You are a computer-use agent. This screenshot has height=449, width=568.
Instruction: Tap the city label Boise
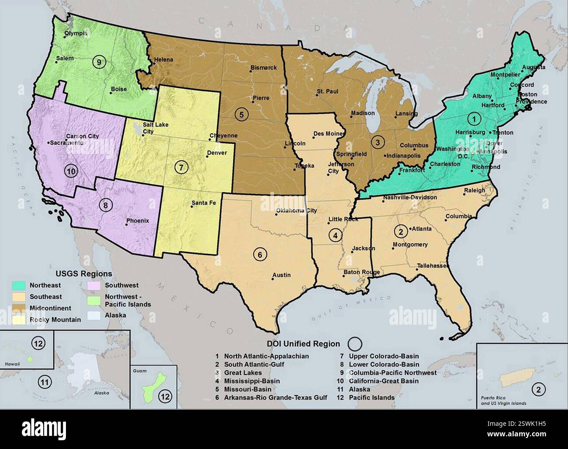pos(118,89)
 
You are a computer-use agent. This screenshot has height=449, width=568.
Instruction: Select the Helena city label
pos(163,60)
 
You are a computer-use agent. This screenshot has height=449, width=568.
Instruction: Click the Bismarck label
pos(263,68)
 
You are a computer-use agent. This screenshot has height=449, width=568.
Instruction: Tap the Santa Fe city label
pos(204,203)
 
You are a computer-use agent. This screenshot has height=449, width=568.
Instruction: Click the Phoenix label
pos(138,221)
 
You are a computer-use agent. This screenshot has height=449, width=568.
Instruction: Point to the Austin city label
pos(281,275)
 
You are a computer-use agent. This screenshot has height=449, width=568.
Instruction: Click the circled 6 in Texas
pos(260,254)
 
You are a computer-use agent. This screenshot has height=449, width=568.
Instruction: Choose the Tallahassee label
pos(431,266)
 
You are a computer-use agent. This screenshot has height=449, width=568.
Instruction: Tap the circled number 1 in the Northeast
pos(473,118)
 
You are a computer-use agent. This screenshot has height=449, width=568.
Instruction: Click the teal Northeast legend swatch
pos(18,285)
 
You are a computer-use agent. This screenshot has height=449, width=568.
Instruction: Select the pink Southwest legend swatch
pos(93,285)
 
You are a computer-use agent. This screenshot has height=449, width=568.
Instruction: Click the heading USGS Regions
pos(83,274)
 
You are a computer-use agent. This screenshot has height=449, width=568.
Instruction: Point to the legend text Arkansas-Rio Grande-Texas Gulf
pos(276,398)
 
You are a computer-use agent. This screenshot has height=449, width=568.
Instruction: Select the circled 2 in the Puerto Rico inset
pos(538,389)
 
